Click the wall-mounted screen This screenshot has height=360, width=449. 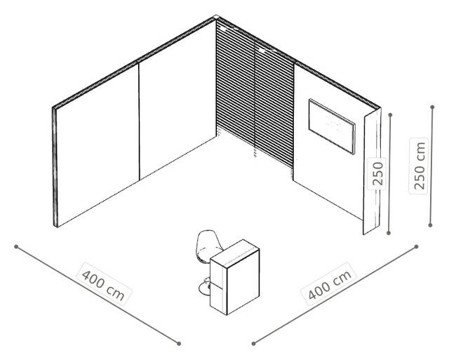click(332, 126)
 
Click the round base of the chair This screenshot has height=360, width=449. click(204, 288)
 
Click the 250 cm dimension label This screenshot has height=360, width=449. click(419, 166)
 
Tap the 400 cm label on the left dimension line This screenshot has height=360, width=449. click(103, 284)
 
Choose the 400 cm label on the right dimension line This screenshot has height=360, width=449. click(329, 284)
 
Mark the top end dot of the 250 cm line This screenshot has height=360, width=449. click(432, 107)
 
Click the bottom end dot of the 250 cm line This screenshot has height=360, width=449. click(430, 225)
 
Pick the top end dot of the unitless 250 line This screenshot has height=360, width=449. click(390, 114)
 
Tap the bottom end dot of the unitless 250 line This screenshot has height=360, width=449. click(389, 233)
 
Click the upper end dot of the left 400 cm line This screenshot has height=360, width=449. click(16, 246)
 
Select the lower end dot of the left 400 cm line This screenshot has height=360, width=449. click(179, 343)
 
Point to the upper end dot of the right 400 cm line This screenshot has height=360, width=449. click(416, 246)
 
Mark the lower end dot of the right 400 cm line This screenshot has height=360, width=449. click(253, 343)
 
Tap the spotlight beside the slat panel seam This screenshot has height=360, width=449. click(262, 50)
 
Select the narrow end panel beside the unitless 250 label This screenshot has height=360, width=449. click(373, 172)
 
